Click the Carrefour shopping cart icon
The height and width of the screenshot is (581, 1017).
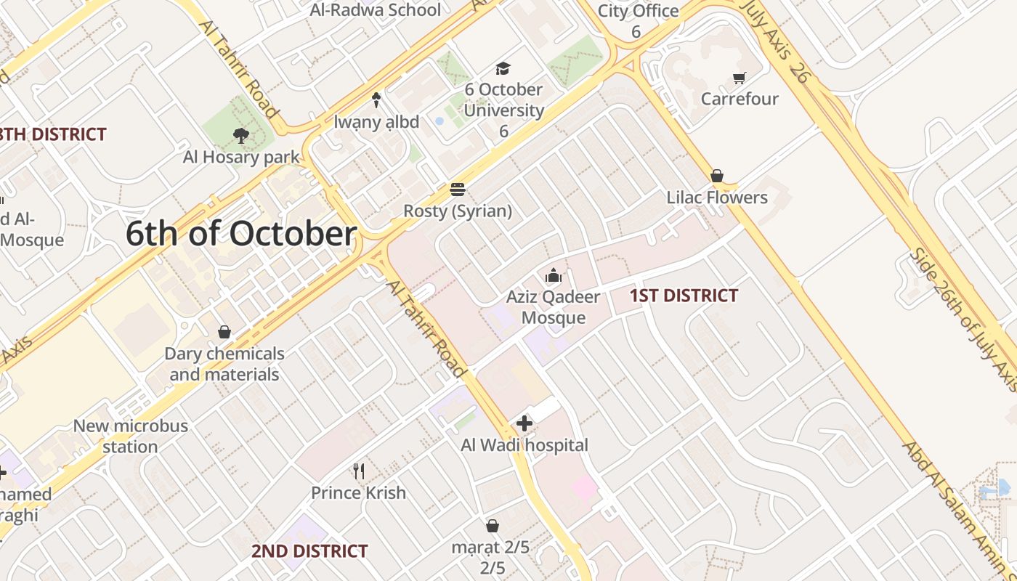[740, 78]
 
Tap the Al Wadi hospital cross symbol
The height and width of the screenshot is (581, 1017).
[524, 423]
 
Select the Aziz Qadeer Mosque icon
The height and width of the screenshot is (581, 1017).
[554, 276]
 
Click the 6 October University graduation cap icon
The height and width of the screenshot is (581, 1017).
[503, 68]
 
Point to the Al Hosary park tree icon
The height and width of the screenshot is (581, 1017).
[241, 135]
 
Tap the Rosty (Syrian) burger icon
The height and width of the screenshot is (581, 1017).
[458, 190]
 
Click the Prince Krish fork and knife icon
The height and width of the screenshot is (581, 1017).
[358, 471]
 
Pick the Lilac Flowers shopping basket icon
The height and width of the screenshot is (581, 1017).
[717, 176]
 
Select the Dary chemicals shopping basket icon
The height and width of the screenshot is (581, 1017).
[224, 332]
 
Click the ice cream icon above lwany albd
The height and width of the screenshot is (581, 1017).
[376, 100]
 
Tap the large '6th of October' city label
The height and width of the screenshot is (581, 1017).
[241, 234]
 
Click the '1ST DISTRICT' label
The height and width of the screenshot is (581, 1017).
[684, 296]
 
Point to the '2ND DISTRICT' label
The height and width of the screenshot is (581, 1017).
[309, 551]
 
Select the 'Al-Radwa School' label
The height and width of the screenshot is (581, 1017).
[375, 10]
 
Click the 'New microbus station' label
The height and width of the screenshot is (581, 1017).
[130, 436]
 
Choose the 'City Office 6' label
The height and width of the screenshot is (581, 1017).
[638, 20]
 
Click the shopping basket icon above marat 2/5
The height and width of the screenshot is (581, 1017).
[493, 526]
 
